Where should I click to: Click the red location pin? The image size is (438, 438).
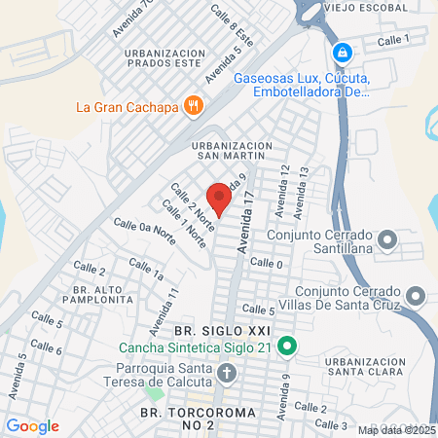[x=220, y=200]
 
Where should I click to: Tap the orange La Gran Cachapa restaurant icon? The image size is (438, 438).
[x=194, y=104]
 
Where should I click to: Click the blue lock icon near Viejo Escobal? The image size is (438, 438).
[x=342, y=52]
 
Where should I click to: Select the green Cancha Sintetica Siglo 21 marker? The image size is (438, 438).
[x=286, y=347]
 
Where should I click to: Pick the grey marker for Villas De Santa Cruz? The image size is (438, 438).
[x=417, y=294]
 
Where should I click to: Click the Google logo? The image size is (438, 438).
[x=32, y=425]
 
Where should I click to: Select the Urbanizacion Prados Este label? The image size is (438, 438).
[x=158, y=60]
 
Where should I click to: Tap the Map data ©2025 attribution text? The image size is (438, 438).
[x=396, y=430]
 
